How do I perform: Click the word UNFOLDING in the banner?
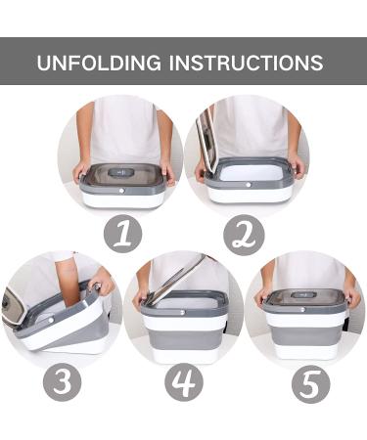99,63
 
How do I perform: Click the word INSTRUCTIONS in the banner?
246,63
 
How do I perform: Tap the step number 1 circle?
123,234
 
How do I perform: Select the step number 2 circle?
244,235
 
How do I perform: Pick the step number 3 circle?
63,382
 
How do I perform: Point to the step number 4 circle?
184,382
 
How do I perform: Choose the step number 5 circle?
310,384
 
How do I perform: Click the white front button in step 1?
121,191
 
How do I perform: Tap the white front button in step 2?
248,185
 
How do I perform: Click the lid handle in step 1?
121,172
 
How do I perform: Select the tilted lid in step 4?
176,280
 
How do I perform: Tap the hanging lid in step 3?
14,307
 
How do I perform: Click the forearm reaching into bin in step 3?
69,284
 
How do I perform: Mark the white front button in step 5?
303,309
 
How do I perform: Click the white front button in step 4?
182,312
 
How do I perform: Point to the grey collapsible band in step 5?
305,336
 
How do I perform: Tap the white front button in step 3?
51,321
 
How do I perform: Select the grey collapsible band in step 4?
185,337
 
